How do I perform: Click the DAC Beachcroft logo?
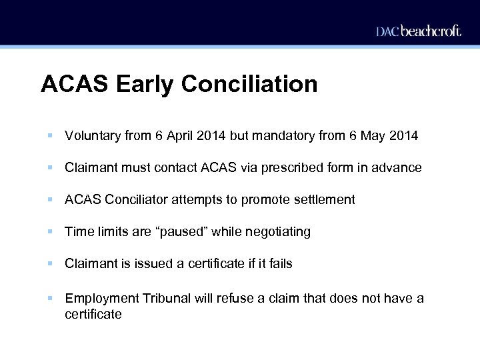[x=418, y=31]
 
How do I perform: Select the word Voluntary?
[x=93, y=136]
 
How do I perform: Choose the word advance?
[x=397, y=168]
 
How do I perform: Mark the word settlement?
[x=324, y=200]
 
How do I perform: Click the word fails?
[x=279, y=264]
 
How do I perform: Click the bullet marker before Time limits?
[x=51, y=232]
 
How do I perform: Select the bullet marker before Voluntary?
[x=51, y=136]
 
